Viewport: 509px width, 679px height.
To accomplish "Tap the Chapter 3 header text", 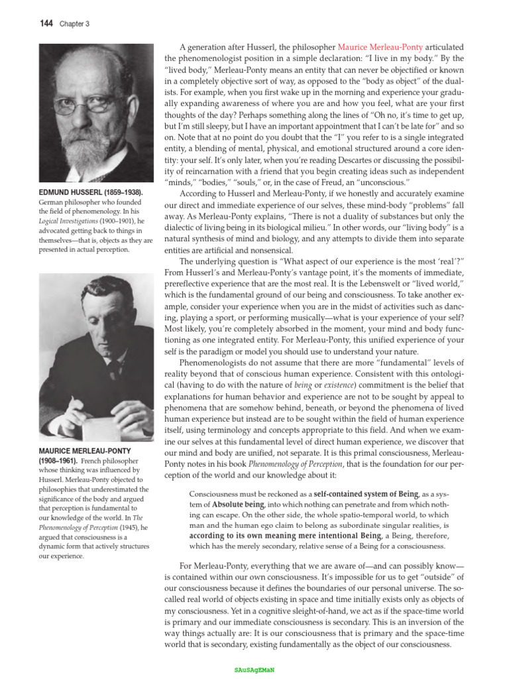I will click(74, 25).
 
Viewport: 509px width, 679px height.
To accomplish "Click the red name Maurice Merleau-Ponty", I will click(380, 47).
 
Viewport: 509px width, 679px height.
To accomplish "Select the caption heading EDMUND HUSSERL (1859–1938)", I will click(91, 192).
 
